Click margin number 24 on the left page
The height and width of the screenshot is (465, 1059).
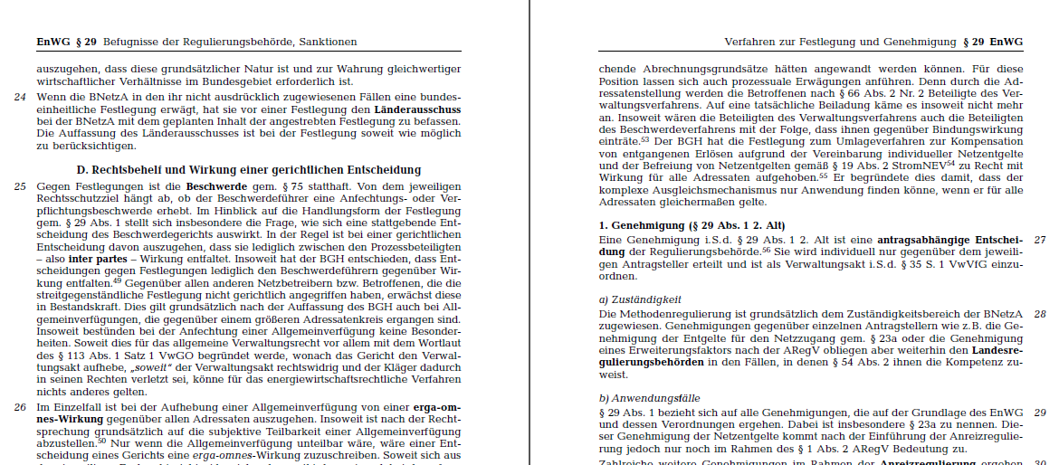pyautogui.click(x=20, y=97)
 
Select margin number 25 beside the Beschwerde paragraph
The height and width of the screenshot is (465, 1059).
pyautogui.click(x=20, y=186)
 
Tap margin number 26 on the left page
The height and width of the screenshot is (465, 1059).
pyautogui.click(x=20, y=408)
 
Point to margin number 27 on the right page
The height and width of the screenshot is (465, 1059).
pyautogui.click(x=1040, y=240)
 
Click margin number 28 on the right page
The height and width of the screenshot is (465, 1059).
pyautogui.click(x=1040, y=314)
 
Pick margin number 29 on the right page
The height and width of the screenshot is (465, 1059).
pyautogui.click(x=1040, y=412)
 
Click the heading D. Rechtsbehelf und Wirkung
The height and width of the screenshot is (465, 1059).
pyautogui.click(x=249, y=169)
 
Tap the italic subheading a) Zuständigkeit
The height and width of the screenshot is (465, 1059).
pyautogui.click(x=640, y=299)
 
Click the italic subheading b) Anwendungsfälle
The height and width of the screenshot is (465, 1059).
pyautogui.click(x=649, y=397)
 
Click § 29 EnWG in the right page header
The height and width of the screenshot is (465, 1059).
pyautogui.click(x=992, y=42)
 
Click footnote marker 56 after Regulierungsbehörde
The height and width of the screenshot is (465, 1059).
pyautogui.click(x=766, y=249)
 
